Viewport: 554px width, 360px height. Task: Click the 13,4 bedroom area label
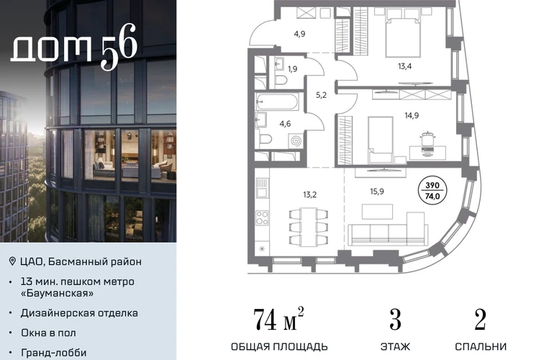pyautogui.click(x=404, y=66)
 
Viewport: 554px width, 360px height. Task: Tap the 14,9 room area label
pyautogui.click(x=412, y=115)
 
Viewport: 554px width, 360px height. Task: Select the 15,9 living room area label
pyautogui.click(x=377, y=192)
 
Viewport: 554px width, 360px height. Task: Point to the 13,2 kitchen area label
pyautogui.click(x=310, y=194)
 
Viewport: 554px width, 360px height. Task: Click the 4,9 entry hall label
pyautogui.click(x=299, y=34)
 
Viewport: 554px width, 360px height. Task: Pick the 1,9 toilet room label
pyautogui.click(x=292, y=69)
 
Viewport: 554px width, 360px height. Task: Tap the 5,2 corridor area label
pyautogui.click(x=321, y=95)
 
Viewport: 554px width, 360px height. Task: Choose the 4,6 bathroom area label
pyautogui.click(x=285, y=124)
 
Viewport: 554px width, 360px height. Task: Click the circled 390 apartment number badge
pyautogui.click(x=432, y=190)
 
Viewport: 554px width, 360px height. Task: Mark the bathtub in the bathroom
pyautogui.click(x=277, y=102)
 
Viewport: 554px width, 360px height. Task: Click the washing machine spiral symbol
pyautogui.click(x=296, y=140)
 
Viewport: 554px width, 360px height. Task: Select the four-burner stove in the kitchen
pyautogui.click(x=262, y=218)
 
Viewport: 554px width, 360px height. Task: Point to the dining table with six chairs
pyautogui.click(x=309, y=227)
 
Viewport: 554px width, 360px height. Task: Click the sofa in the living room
pyautogui.click(x=388, y=229)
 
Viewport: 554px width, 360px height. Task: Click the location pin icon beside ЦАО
pyautogui.click(x=12, y=261)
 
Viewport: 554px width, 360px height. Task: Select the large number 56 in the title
pyautogui.click(x=119, y=46)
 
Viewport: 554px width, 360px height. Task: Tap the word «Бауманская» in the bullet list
pyautogui.click(x=58, y=293)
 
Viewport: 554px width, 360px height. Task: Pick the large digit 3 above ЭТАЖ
pyautogui.click(x=395, y=320)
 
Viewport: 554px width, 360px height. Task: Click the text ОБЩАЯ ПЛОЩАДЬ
pyautogui.click(x=279, y=346)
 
